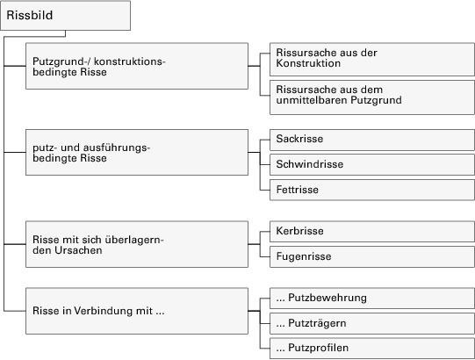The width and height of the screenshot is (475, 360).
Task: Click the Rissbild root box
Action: coord(66,16)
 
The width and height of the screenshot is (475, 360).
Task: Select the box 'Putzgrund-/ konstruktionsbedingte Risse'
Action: coord(137,66)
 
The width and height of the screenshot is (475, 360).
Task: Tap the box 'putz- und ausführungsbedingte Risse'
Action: coord(137,153)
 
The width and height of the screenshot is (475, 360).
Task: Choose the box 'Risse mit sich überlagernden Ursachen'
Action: coord(137,244)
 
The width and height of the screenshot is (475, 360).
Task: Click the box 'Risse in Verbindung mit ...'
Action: coord(137,311)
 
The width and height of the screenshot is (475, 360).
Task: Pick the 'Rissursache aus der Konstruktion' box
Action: coord(372,60)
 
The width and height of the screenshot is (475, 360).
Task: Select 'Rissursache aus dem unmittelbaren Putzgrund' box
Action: coord(372,97)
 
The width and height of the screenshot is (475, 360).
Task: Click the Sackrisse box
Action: coord(372,140)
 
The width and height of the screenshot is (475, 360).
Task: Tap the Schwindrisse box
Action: coord(372,165)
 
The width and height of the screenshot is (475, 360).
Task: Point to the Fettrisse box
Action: coord(372,190)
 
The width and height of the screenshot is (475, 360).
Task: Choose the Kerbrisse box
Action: coord(372,232)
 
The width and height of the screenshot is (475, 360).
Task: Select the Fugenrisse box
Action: coord(372,257)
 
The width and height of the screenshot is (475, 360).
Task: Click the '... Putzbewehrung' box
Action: coord(372,299)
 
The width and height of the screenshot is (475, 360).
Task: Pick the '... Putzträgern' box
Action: coord(372,324)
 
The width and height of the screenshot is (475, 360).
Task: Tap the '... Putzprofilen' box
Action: coord(372,349)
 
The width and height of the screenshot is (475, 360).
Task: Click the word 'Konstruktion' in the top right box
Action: coord(308,63)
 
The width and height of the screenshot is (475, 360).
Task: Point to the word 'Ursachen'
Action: coord(78,250)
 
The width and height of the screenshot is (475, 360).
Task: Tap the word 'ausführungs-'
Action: coord(117,148)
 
